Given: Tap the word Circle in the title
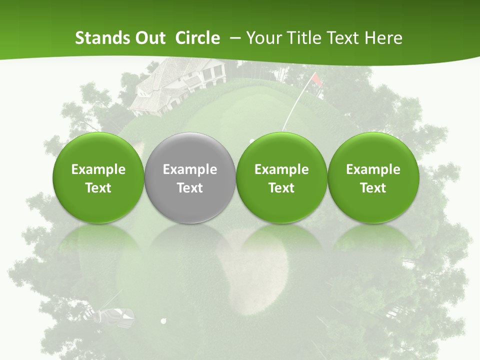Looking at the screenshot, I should coord(197,38).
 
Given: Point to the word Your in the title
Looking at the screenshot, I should coord(262,38).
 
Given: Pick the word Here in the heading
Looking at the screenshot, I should coord(383,38).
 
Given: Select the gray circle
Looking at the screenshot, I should coord(190,178).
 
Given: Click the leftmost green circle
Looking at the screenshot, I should coord(98,178).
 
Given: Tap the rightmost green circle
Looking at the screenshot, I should coord(373,178).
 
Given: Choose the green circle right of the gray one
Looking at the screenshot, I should coord(281,178).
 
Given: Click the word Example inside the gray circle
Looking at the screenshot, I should coord(190,169).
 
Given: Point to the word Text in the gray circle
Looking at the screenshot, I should coord(190,188).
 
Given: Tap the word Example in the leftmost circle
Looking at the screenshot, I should coord(98,169).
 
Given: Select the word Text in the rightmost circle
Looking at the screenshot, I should coord(373,188).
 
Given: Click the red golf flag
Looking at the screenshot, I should coord(316,79).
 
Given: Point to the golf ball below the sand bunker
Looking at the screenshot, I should coord(163,320).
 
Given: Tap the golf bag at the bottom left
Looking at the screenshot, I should coord(116,315).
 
